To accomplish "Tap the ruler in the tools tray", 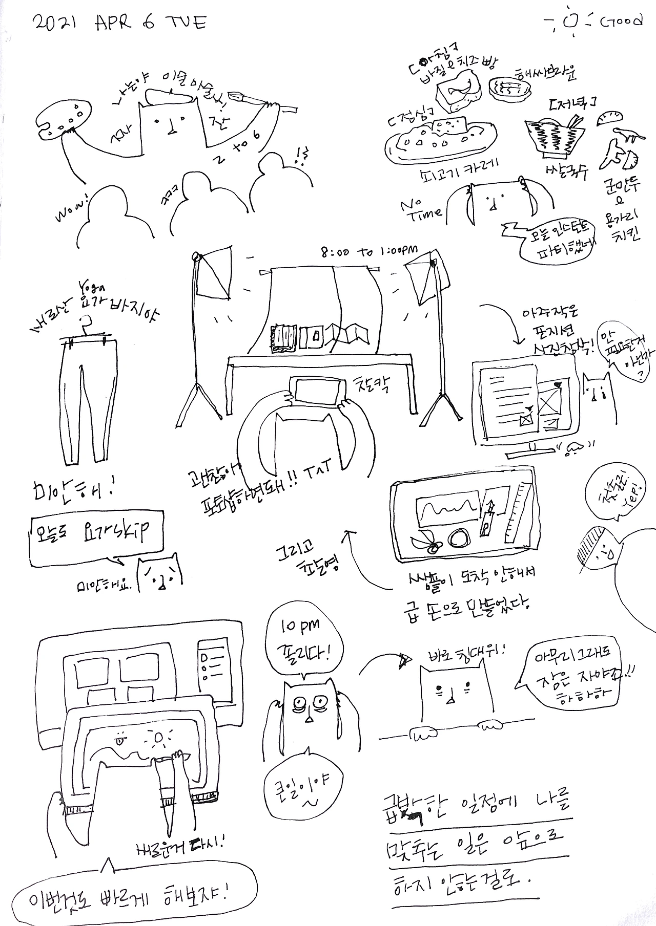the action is (x=516, y=509).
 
